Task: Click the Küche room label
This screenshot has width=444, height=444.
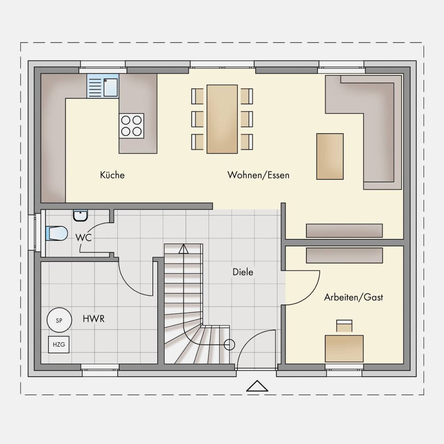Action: click(x=112, y=175)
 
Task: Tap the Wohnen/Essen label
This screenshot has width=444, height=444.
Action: click(x=258, y=175)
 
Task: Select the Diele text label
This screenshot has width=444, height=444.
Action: click(x=243, y=272)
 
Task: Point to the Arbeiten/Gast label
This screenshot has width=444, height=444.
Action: click(x=353, y=297)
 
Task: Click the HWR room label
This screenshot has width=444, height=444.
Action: click(x=93, y=319)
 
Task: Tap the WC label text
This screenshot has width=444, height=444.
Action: click(x=83, y=238)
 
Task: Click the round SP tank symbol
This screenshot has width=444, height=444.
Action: click(x=59, y=320)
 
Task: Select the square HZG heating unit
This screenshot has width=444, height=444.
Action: click(x=59, y=345)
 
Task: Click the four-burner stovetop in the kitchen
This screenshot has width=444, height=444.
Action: click(x=131, y=126)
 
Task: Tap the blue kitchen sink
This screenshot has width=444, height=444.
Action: click(x=103, y=86)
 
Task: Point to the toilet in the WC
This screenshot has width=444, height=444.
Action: click(x=57, y=234)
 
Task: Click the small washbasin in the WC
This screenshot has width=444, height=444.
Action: click(x=81, y=215)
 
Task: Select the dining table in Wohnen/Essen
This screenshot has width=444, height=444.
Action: click(x=222, y=119)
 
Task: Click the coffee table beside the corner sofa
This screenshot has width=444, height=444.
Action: click(x=330, y=157)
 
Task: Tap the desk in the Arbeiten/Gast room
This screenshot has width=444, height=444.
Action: click(x=344, y=349)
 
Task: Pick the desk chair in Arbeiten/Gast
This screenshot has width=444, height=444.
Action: click(x=345, y=326)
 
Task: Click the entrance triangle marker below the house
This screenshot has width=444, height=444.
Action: click(x=257, y=386)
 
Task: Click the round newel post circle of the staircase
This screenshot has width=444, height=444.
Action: click(x=230, y=345)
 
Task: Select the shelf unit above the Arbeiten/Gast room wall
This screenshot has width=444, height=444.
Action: click(x=345, y=230)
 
